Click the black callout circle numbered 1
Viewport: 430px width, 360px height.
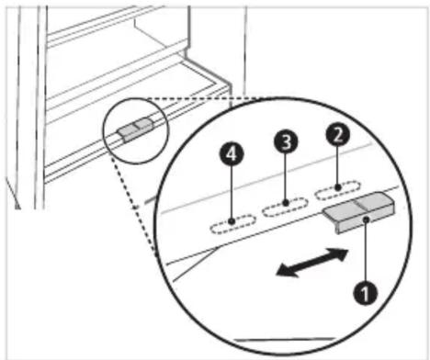pyautogui.click(x=365, y=293)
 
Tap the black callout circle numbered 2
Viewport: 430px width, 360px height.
pyautogui.click(x=337, y=135)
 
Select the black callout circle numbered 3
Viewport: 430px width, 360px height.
pyautogui.click(x=286, y=141)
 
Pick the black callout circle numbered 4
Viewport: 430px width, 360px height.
pyautogui.click(x=232, y=154)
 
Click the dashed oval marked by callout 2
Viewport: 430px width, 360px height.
pyautogui.click(x=337, y=190)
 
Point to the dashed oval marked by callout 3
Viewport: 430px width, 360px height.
pyautogui.click(x=285, y=207)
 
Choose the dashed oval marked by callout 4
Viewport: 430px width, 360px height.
pyautogui.click(x=232, y=224)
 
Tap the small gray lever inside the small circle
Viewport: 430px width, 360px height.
pyautogui.click(x=135, y=129)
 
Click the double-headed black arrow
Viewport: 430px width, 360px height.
pyautogui.click(x=312, y=263)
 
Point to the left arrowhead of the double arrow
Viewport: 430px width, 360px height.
pyautogui.click(x=287, y=272)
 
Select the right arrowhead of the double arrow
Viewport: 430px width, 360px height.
pyautogui.click(x=338, y=253)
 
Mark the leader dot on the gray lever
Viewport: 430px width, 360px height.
pyautogui.click(x=366, y=218)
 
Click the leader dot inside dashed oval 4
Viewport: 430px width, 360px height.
pyautogui.click(x=232, y=220)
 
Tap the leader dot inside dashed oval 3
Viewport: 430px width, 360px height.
pyautogui.click(x=286, y=202)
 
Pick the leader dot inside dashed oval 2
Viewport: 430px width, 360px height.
pyautogui.click(x=337, y=186)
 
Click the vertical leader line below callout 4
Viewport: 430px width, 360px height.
pyautogui.click(x=232, y=192)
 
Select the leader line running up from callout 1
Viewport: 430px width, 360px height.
pyautogui.click(x=366, y=251)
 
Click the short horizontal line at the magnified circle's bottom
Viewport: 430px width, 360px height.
pyautogui.click(x=285, y=339)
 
